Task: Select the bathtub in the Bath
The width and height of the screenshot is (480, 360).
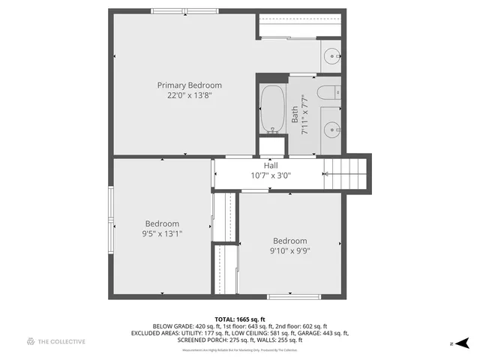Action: tap(271, 109)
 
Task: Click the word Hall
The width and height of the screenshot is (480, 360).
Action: tap(270, 165)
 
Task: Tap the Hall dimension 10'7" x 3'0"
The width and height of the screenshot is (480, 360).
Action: tap(270, 175)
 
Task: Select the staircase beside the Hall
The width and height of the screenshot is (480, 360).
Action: tap(346, 175)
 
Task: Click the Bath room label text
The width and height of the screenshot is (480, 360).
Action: tap(295, 115)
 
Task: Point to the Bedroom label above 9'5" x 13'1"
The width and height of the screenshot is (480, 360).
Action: tap(162, 223)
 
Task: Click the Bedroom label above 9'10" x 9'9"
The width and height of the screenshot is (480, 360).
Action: tap(289, 241)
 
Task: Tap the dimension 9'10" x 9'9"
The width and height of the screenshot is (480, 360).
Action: tap(289, 251)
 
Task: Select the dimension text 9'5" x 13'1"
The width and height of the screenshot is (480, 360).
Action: tap(162, 234)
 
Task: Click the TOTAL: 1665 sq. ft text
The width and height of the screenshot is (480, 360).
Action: tap(240, 319)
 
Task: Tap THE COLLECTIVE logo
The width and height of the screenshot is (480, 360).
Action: tap(56, 342)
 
